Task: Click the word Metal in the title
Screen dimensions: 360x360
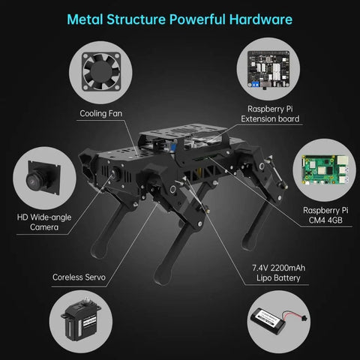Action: point(85,19)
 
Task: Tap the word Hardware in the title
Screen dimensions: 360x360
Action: point(261,19)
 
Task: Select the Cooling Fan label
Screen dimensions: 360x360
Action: point(101,113)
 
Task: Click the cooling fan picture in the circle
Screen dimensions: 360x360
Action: point(101,71)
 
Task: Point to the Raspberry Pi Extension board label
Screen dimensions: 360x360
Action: point(270,114)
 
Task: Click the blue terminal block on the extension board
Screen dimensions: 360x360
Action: point(256,84)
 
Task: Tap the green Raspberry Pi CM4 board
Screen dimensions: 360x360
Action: point(325,169)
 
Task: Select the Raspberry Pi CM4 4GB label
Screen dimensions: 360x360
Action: point(325,215)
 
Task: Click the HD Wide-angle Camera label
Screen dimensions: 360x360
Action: point(44,222)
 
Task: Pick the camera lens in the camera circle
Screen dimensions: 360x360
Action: point(35,179)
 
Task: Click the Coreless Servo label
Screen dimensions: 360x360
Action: point(79,277)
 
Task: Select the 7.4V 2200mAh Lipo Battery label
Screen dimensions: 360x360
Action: point(278,273)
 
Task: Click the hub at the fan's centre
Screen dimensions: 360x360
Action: point(100,71)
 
